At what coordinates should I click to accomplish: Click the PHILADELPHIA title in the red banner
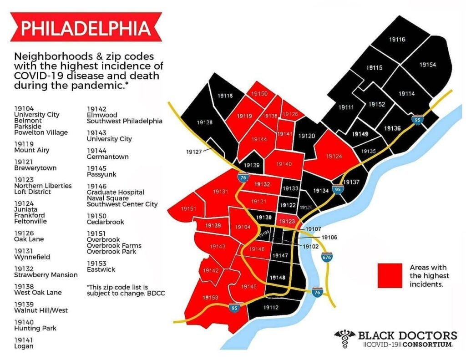[x=86, y=28]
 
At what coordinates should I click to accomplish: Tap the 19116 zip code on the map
[x=397, y=40]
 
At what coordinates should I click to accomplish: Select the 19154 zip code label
[x=427, y=65]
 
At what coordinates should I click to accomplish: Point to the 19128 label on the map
[x=204, y=122]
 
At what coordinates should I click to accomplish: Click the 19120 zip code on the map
[x=306, y=136]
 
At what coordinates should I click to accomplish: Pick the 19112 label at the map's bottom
[x=271, y=308]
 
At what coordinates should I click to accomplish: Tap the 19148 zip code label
[x=277, y=277]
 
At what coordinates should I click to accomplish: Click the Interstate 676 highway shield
[x=326, y=257]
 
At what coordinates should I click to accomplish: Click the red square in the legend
[x=390, y=275]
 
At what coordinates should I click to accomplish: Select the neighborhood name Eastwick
[x=101, y=269]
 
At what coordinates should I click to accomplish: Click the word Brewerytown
[x=35, y=168]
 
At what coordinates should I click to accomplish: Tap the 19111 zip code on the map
[x=346, y=107]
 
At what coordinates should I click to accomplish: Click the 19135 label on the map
[x=368, y=151]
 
